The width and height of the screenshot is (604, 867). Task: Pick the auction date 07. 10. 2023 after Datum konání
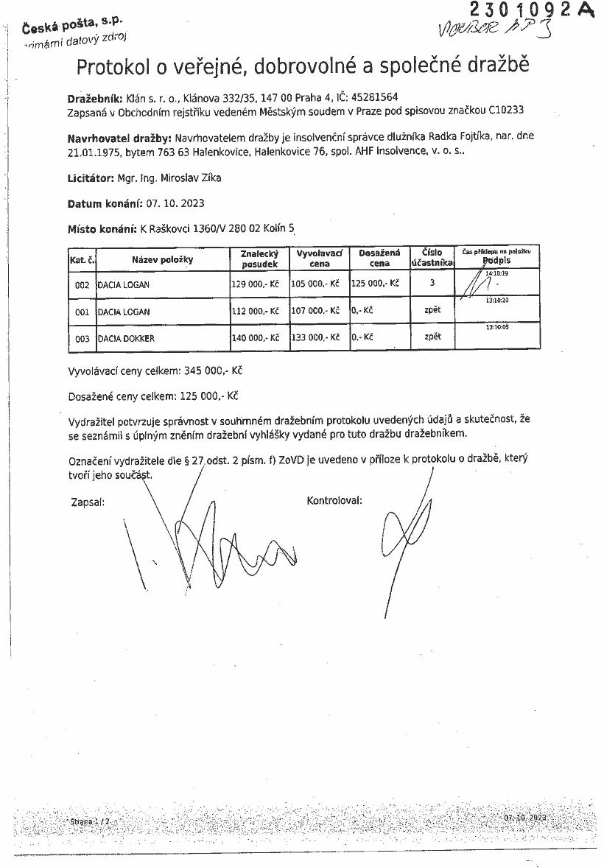(x=176, y=203)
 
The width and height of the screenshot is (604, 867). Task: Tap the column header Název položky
(x=163, y=259)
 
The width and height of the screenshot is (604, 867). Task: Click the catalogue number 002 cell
(x=82, y=284)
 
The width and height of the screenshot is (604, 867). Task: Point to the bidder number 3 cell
(x=432, y=282)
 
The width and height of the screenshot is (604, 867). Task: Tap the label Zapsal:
(x=87, y=502)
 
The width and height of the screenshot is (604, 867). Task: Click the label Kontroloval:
(x=334, y=501)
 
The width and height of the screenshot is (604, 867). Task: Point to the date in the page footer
(x=525, y=818)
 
